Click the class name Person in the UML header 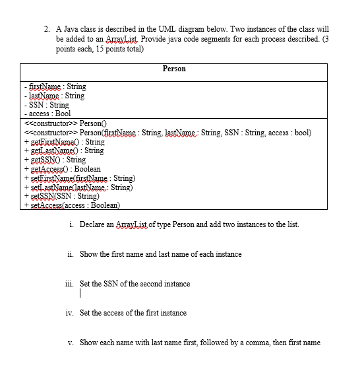[174, 69]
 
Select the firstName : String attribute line [55, 86]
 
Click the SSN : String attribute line [46, 105]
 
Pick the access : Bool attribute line [47, 114]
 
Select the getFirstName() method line [63, 141]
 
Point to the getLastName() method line [63, 150]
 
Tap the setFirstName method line [80, 178]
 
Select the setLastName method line [78, 187]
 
